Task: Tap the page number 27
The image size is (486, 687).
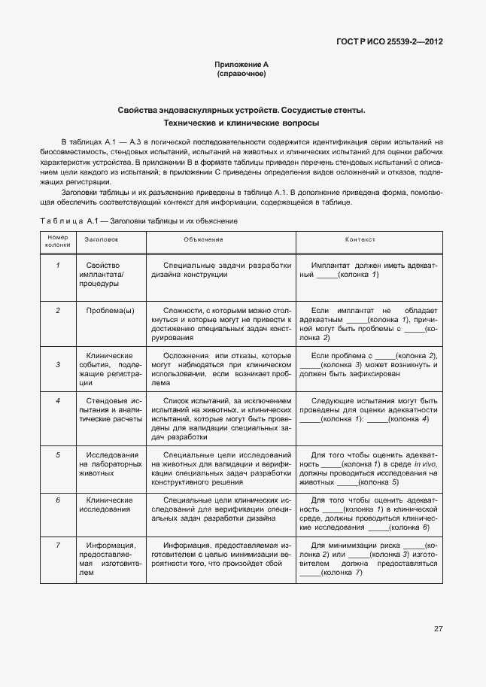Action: tap(438, 628)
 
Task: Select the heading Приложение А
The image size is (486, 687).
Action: tap(241, 65)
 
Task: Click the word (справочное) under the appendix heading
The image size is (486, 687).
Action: tap(241, 74)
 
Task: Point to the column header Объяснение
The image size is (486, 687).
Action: tap(203, 239)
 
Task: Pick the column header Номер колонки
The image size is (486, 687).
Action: tap(57, 241)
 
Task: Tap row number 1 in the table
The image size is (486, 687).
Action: tap(57, 266)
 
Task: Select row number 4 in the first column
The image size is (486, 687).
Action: tap(57, 400)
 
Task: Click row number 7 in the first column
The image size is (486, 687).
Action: tap(57, 545)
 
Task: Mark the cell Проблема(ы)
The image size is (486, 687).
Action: tap(110, 310)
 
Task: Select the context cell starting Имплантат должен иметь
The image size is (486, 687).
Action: tap(368, 270)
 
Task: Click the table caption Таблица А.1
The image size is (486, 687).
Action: tap(138, 220)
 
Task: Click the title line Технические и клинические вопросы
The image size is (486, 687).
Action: tap(241, 123)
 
